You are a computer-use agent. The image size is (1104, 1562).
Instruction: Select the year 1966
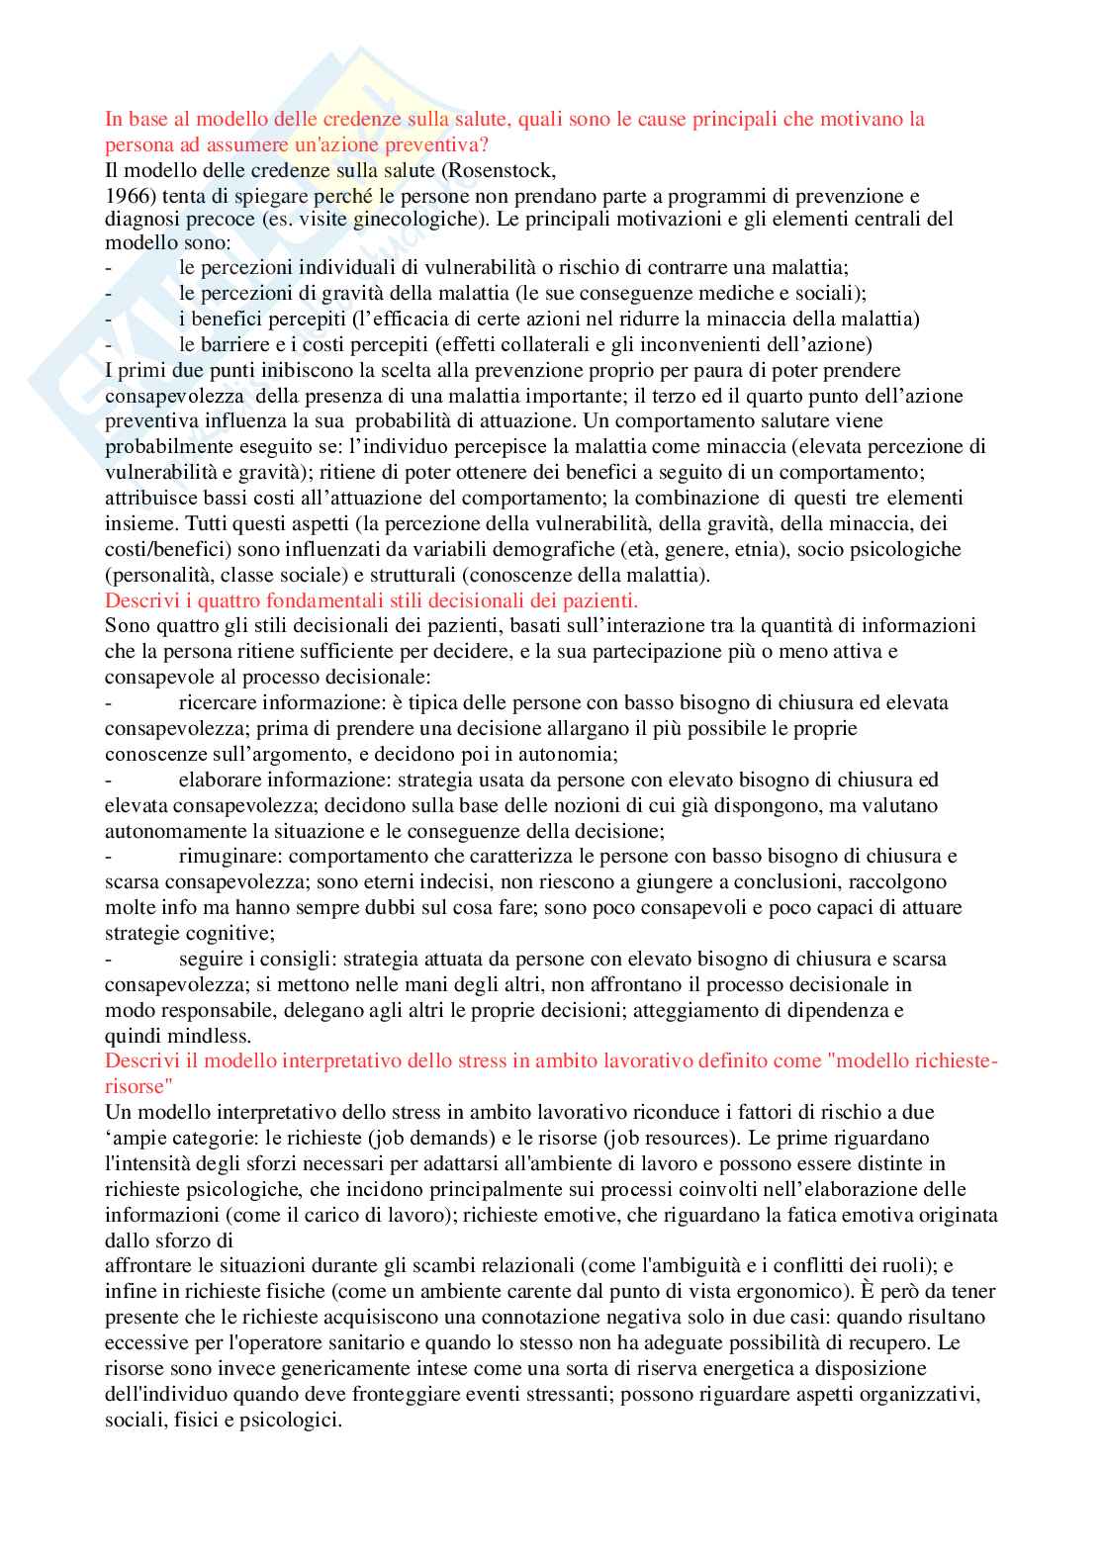[x=126, y=196]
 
